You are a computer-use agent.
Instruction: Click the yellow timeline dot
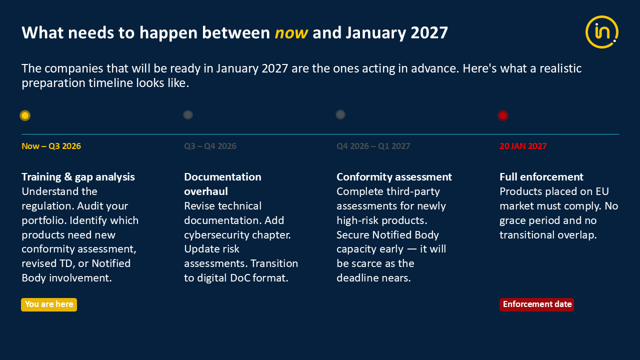pos(25,115)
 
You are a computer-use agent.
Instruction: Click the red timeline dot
pos(503,115)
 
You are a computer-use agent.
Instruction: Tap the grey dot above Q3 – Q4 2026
pos(188,115)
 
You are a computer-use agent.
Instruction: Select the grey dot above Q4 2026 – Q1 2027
pos(340,114)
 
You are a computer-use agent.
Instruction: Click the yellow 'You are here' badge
pos(49,304)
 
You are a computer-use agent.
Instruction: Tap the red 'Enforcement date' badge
pos(537,304)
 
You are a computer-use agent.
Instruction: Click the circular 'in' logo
pos(601,32)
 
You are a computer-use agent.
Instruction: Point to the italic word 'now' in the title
pos(291,33)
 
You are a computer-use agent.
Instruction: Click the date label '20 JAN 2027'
pos(523,146)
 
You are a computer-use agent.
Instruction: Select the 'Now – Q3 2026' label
pos(51,146)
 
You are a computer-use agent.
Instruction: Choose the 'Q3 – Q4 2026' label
pos(210,146)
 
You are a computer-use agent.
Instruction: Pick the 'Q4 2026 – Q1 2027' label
pos(373,146)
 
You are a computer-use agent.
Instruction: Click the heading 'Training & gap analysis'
pos(78,177)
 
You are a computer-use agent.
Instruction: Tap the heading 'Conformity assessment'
pos(394,177)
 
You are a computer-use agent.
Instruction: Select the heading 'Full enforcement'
pos(541,177)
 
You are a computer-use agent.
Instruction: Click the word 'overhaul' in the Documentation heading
pos(206,191)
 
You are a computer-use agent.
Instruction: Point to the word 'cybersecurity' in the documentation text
pos(217,235)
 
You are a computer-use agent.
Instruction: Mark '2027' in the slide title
pos(429,33)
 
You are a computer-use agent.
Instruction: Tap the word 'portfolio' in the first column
pos(44,220)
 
